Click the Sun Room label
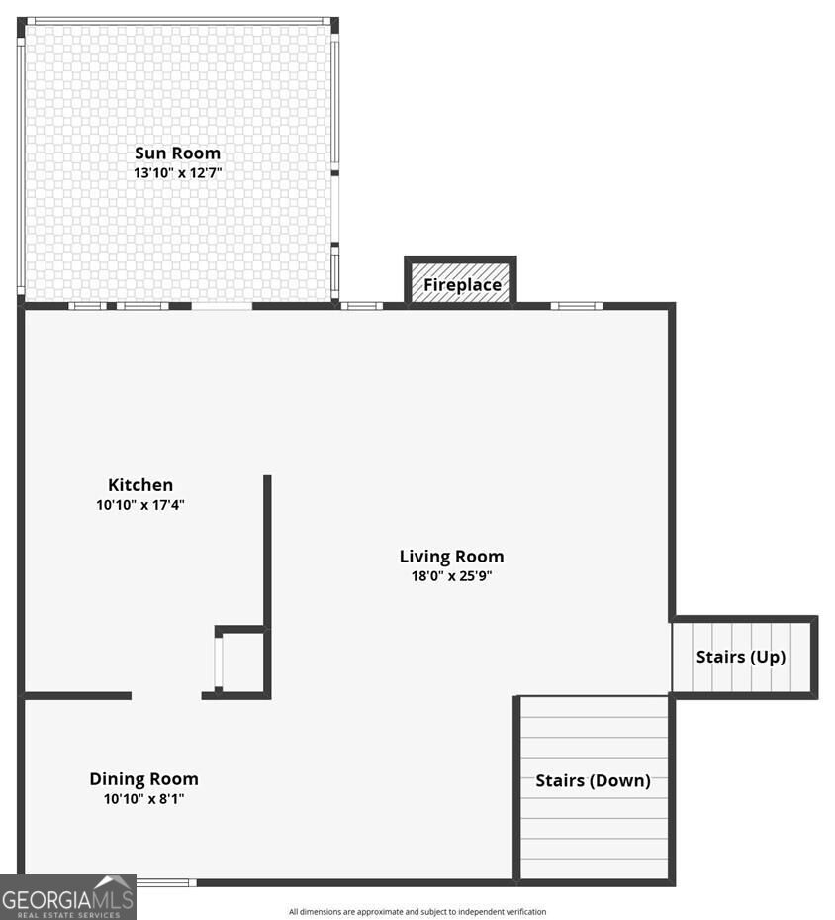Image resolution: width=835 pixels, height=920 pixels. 177,153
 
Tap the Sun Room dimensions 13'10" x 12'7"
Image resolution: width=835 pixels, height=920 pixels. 177,173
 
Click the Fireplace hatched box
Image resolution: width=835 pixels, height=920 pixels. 460,284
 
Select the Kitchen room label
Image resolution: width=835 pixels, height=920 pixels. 140,485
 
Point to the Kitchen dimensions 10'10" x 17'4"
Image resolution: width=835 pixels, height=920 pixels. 140,505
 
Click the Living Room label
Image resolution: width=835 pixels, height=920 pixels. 451,557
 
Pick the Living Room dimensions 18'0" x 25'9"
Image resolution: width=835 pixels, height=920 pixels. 451,576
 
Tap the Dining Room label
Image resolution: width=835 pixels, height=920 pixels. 144,779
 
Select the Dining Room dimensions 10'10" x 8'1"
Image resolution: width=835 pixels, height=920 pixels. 144,798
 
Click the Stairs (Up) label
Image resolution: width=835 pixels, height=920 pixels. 741,657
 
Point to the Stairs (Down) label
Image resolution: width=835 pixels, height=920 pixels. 593,781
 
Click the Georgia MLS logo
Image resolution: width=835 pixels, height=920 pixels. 68,897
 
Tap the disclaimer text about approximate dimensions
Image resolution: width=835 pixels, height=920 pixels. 417,912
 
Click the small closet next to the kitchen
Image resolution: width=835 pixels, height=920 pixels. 241,663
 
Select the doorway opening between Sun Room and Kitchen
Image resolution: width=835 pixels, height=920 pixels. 222,306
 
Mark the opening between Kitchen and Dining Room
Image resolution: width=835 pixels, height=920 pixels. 166,696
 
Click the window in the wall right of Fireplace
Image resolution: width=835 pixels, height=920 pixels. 576,306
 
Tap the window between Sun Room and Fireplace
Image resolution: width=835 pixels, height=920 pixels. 361,306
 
